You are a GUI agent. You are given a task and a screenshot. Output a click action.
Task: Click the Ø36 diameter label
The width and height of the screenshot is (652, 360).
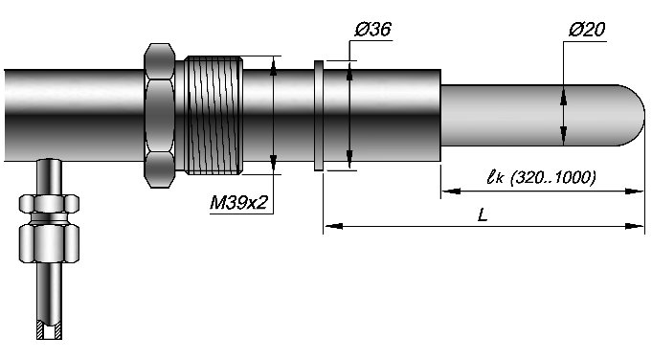coord(373,30)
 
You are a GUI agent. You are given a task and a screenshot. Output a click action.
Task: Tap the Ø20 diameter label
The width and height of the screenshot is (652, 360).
coord(587,30)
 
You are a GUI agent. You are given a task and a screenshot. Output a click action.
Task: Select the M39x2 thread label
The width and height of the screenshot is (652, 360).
coord(238,202)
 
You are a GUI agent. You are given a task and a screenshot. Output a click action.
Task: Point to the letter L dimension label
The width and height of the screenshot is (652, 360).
coord(482,214)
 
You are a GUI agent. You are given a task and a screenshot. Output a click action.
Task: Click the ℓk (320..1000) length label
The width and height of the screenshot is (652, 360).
coord(541,177)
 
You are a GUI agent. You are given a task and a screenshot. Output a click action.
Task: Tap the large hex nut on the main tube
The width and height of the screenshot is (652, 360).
coord(159,116)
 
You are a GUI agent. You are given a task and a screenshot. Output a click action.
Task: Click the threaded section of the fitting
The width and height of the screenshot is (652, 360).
coord(214,115)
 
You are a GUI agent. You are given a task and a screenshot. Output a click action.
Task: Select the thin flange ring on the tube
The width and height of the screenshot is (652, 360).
coord(319,115)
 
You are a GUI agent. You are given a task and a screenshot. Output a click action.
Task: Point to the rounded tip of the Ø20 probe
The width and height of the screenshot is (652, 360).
coord(632,116)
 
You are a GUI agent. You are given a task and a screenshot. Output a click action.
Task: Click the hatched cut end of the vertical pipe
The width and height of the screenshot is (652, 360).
coord(49,330)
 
